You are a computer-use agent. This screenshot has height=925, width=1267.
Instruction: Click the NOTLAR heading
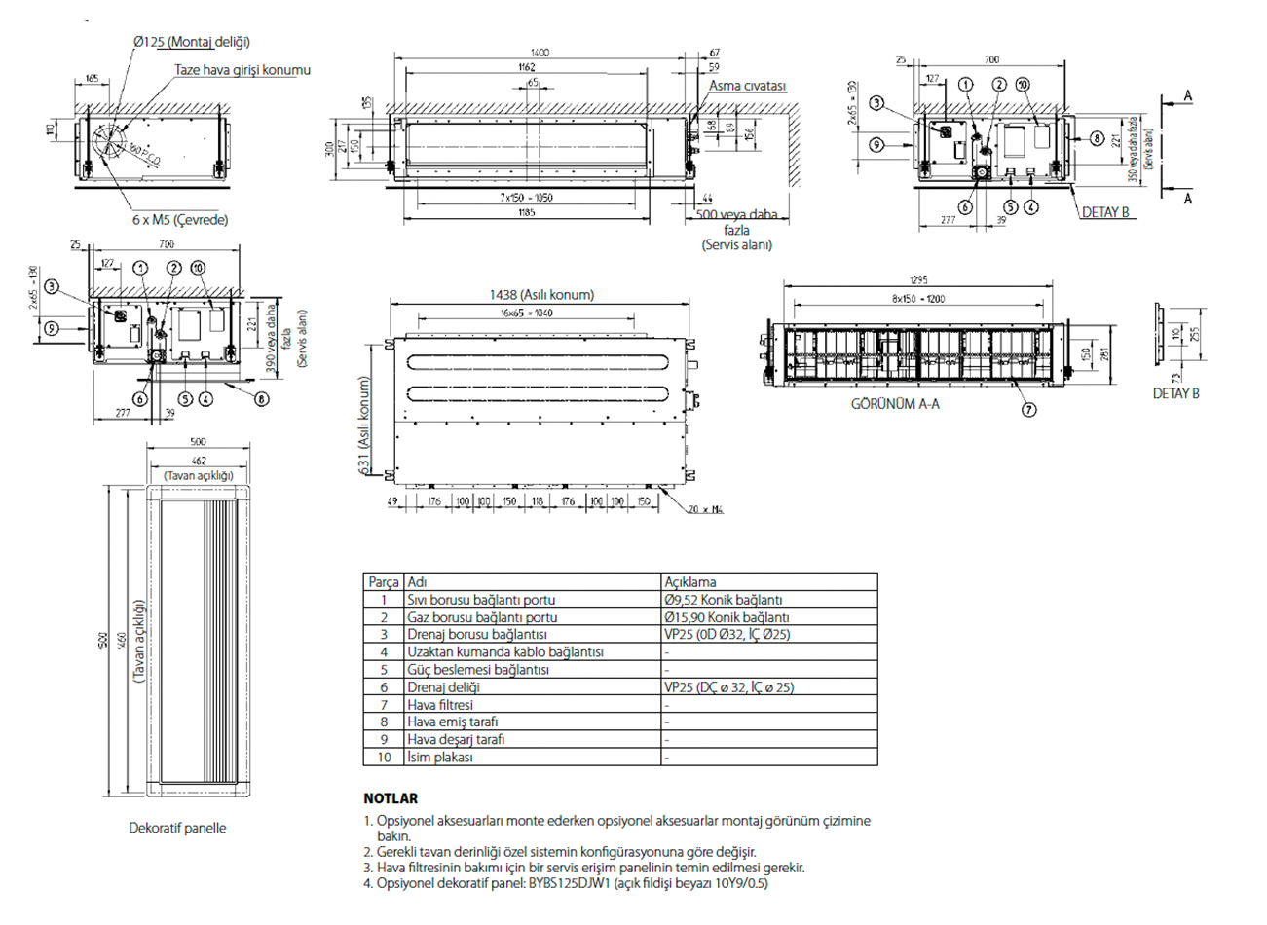click(391, 798)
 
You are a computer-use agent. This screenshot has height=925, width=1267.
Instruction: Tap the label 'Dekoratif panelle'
click(177, 828)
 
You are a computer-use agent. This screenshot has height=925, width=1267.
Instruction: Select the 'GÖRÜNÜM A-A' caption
click(895, 403)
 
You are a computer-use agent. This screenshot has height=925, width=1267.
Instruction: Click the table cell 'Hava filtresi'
click(440, 704)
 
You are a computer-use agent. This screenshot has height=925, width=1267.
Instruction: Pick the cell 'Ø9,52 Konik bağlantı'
click(723, 600)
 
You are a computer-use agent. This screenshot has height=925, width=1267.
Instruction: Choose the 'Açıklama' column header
click(689, 582)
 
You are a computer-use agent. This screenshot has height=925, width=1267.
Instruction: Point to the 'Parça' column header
click(384, 582)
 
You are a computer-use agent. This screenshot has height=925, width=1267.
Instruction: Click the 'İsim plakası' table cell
click(440, 757)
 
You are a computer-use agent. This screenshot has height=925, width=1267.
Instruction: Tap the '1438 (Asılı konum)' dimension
click(541, 294)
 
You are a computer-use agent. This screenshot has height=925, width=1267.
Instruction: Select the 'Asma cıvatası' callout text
click(747, 86)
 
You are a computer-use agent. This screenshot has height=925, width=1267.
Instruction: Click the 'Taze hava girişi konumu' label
click(242, 70)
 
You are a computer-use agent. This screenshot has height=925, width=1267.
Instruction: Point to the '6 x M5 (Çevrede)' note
click(181, 220)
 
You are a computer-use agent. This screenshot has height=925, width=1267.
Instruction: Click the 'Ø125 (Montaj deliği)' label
click(192, 42)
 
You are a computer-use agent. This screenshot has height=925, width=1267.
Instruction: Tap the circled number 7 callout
click(1029, 410)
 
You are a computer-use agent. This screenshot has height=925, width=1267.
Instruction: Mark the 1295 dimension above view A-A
click(917, 280)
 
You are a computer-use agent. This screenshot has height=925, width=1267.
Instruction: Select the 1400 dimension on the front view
click(540, 52)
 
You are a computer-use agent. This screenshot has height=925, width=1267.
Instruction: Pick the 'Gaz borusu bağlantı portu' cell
click(482, 617)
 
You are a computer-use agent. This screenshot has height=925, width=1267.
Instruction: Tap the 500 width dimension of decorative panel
click(198, 442)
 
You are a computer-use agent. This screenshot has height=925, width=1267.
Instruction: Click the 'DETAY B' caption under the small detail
click(1175, 393)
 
